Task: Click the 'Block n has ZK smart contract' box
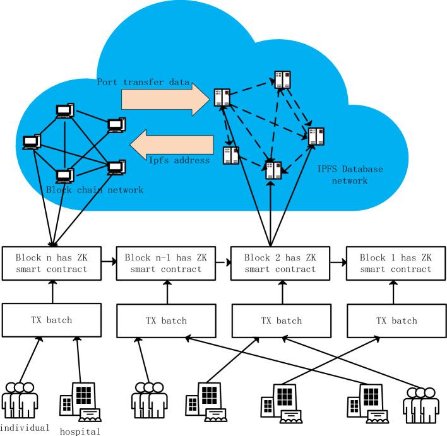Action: [52, 263]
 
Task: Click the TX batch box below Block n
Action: [52, 320]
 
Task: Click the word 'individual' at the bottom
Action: [25, 428]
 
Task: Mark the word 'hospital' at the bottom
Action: [80, 432]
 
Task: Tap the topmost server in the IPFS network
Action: [283, 78]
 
